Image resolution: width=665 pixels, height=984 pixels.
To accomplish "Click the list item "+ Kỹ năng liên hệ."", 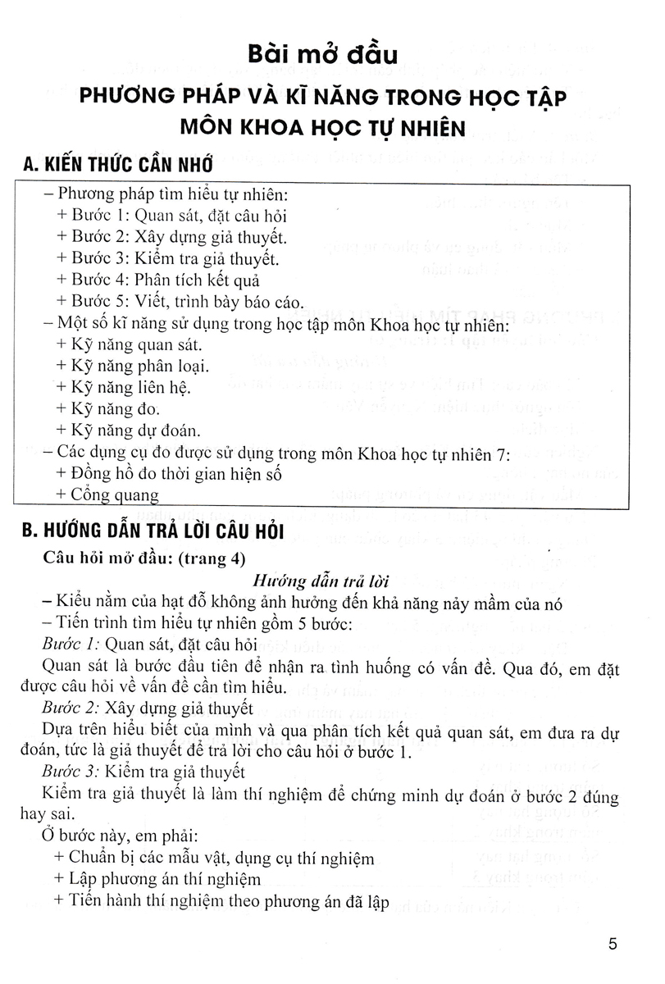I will (x=125, y=386).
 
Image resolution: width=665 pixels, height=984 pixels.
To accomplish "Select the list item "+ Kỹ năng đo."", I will (x=109, y=408).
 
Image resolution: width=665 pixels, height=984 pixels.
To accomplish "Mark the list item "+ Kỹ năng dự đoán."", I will (x=130, y=430).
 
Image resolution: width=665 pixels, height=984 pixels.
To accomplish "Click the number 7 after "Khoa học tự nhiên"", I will (x=503, y=451).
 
